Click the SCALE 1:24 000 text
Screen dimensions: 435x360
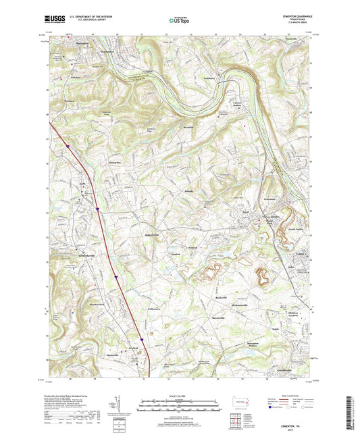[x=179, y=396]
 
